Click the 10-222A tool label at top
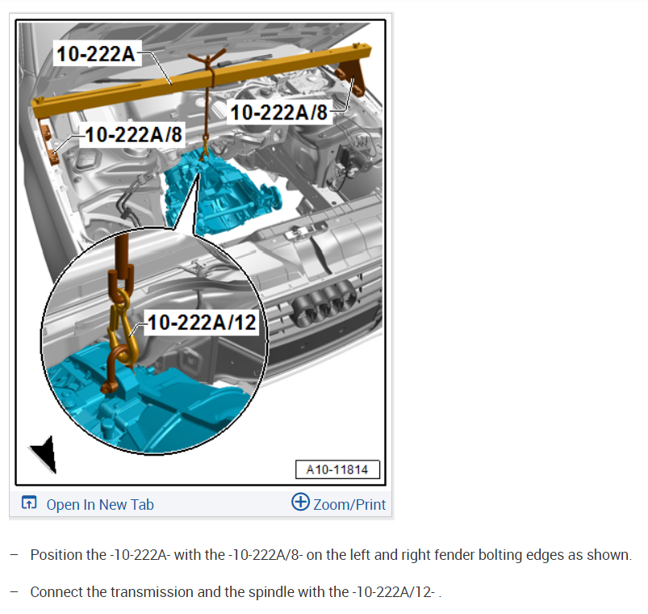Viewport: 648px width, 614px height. tap(96, 54)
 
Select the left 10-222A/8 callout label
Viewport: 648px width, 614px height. tap(133, 134)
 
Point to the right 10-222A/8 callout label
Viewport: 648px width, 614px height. tap(279, 112)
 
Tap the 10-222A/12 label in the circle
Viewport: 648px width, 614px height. tap(202, 322)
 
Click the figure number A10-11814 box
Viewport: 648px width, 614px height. tap(337, 469)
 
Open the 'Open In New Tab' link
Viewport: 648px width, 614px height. tap(100, 505)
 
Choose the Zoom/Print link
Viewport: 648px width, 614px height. tap(349, 505)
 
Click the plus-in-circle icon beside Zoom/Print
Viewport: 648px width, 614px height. tap(300, 502)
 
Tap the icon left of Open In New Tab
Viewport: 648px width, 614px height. tap(29, 503)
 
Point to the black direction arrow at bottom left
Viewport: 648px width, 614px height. tap(45, 454)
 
